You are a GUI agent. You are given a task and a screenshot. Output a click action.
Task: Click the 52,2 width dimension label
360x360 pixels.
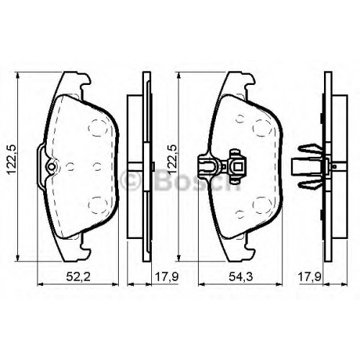pyautogui.click(x=78, y=277)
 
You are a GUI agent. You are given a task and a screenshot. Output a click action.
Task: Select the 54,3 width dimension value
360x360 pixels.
pyautogui.click(x=240, y=277)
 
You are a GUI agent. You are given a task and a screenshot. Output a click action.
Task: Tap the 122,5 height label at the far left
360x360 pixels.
pyautogui.click(x=12, y=159)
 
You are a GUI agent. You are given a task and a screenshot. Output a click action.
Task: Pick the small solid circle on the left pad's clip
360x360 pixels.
pyautogui.click(x=51, y=166)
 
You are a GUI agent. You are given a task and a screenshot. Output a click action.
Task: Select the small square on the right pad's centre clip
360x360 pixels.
pyautogui.click(x=238, y=166)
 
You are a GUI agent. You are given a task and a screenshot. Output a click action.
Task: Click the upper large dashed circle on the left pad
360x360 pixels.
pyautogui.click(x=98, y=127)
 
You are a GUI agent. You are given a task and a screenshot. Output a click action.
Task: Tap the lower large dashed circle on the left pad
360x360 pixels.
pyautogui.click(x=98, y=205)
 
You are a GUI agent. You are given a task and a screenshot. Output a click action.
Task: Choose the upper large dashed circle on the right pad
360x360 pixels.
pyautogui.click(x=263, y=127)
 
